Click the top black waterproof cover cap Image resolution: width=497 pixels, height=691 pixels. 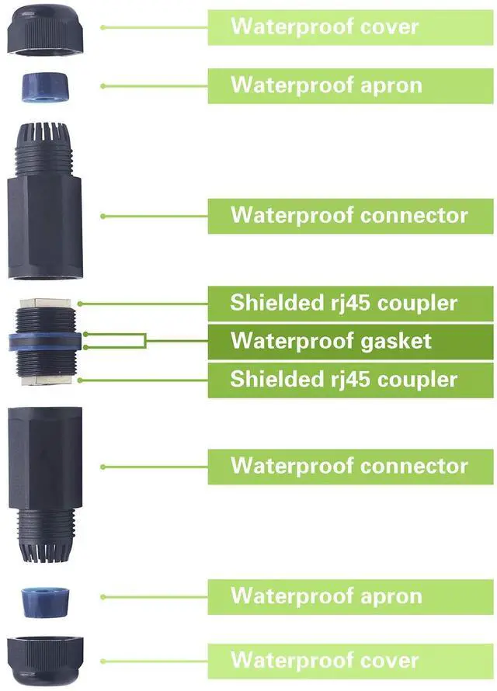[x=45, y=28]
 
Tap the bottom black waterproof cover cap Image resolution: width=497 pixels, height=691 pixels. [x=45, y=660]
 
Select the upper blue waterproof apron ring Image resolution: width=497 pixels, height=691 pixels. [x=44, y=85]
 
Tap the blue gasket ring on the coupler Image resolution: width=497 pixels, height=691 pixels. [x=44, y=342]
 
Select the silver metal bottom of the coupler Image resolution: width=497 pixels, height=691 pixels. [x=44, y=380]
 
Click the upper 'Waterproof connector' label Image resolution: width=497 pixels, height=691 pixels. [x=349, y=215]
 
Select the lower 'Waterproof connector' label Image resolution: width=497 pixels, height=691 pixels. [x=349, y=466]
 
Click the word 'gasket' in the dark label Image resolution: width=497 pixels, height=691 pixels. [x=393, y=342]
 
